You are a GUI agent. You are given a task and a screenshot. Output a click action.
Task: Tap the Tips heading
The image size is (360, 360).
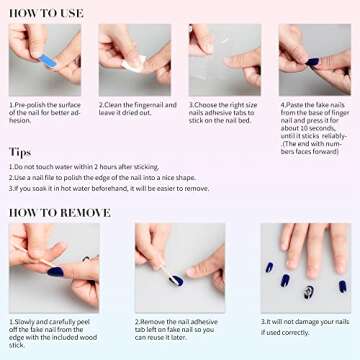pos(20,152)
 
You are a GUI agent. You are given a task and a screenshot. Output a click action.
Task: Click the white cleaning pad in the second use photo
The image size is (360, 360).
pos(132,65)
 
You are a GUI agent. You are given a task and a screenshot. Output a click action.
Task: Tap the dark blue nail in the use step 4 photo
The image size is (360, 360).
pos(312,62)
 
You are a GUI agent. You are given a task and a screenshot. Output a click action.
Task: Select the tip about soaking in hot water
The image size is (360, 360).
pos(110,188)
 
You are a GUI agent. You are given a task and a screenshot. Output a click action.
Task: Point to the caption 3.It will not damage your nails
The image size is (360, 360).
pos(304,325)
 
